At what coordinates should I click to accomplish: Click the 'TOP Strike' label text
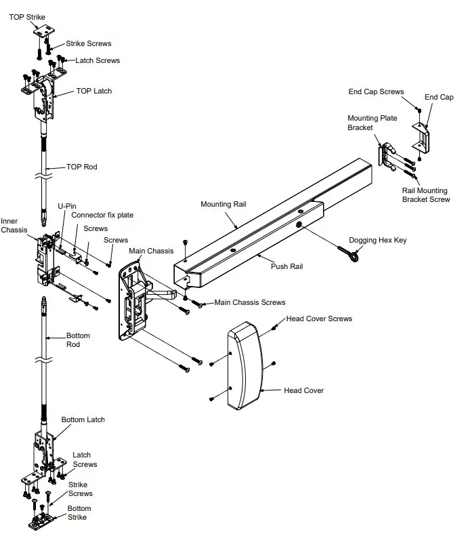click(x=28, y=17)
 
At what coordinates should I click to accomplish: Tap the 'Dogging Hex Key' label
click(x=378, y=240)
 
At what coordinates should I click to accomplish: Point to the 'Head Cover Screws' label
click(x=319, y=319)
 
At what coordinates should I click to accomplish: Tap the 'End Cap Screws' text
click(x=376, y=92)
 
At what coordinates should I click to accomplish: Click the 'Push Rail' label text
click(x=287, y=266)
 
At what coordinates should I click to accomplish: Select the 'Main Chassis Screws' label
click(x=250, y=302)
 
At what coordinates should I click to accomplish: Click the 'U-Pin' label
click(x=66, y=205)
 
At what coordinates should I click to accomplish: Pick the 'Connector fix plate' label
click(x=102, y=215)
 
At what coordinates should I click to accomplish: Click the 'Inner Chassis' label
click(x=14, y=226)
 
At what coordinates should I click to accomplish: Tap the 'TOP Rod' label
click(x=81, y=167)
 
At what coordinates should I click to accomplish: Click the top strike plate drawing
click(x=43, y=30)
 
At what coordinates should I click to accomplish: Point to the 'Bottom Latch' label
click(x=83, y=420)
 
